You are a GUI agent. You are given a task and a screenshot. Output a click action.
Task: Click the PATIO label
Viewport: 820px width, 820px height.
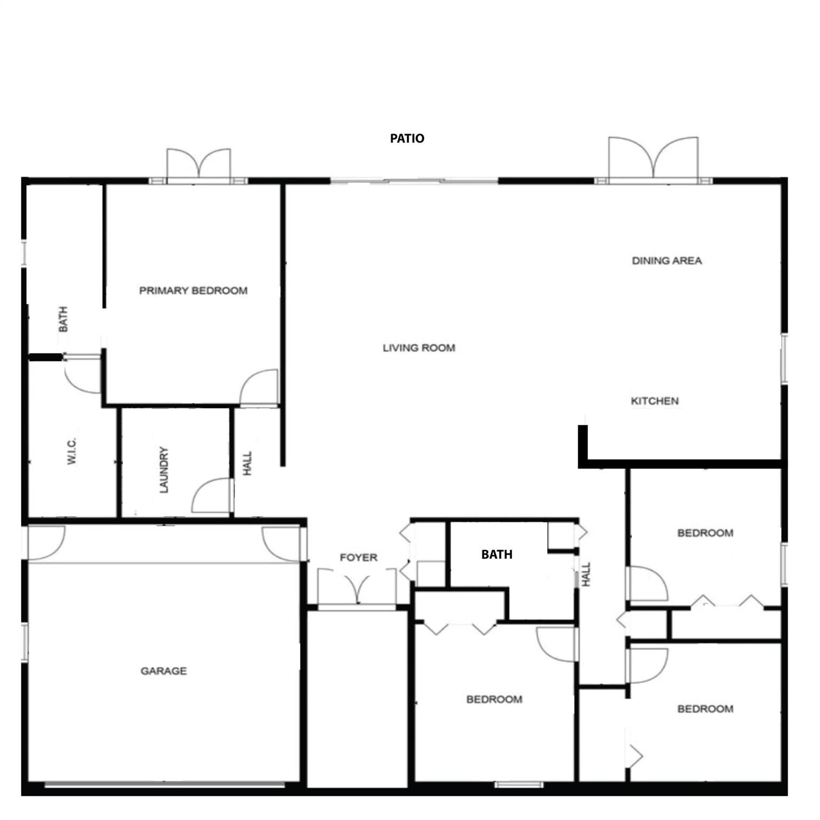tap(407, 138)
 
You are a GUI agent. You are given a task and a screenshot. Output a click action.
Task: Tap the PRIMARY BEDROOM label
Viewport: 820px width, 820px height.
tap(193, 290)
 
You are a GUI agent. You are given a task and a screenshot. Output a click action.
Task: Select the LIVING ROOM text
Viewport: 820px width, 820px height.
tap(419, 348)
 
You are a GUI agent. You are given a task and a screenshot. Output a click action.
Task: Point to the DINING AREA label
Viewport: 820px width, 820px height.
tap(666, 261)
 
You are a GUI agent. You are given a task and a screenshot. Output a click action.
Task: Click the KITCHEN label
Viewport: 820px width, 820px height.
tap(655, 401)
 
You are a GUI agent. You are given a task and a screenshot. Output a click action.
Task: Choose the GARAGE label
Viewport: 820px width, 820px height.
tap(163, 671)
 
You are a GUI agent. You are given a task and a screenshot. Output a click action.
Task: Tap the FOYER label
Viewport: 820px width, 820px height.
tap(358, 557)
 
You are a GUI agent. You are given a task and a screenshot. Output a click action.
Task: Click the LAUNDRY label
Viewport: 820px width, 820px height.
tap(164, 470)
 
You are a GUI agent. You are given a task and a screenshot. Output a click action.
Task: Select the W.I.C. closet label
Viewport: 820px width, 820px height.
tap(73, 452)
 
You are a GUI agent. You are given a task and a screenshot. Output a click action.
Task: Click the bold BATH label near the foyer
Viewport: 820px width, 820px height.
tap(496, 554)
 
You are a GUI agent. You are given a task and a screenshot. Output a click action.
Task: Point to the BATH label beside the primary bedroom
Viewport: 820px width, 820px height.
tap(64, 319)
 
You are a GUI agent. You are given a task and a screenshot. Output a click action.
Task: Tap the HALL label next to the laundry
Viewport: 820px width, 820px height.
tap(247, 463)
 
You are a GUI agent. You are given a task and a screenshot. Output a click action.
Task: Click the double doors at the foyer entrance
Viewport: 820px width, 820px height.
tap(357, 587)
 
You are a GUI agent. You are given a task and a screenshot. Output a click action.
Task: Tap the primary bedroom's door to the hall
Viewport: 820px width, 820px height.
tap(259, 389)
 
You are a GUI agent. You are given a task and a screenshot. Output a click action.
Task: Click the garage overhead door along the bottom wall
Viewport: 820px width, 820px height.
tap(164, 784)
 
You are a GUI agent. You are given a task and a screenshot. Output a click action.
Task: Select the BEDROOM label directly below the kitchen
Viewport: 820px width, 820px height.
tap(705, 533)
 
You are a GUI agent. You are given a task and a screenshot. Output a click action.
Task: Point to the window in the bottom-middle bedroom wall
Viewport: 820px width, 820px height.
tap(518, 784)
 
